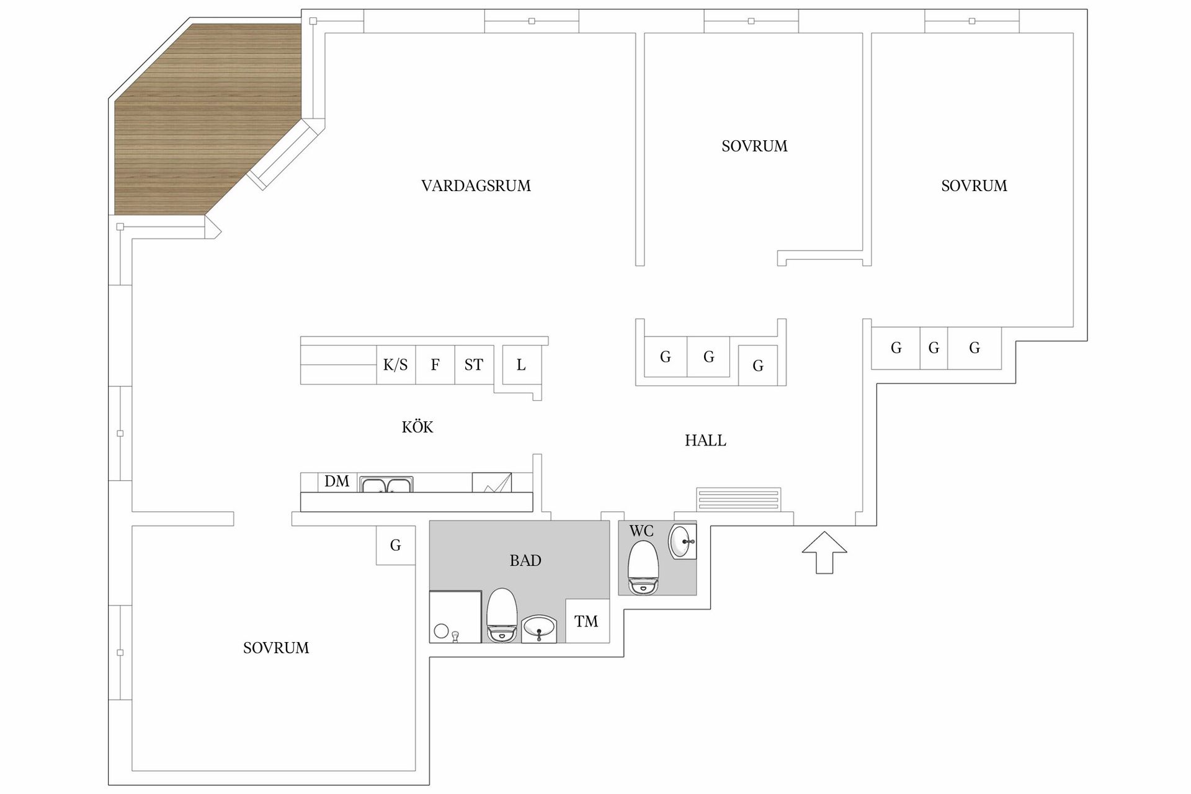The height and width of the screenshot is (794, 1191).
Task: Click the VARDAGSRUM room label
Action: click(476, 185)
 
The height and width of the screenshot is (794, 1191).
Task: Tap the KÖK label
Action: click(417, 427)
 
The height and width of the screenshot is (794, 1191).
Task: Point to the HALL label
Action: click(705, 440)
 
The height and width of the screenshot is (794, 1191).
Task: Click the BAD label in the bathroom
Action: click(525, 560)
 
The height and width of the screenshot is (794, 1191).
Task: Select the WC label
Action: click(641, 531)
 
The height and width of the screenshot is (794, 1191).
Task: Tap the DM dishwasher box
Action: click(337, 481)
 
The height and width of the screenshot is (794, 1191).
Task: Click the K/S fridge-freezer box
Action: click(396, 365)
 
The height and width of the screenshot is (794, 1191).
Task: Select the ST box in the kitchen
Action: click(474, 365)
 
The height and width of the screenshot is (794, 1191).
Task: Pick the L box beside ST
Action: click(521, 365)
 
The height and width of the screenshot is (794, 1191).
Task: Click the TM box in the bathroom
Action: click(586, 621)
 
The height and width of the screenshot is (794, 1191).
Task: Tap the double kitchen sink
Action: click(386, 484)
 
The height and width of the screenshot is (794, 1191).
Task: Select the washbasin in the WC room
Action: click(682, 542)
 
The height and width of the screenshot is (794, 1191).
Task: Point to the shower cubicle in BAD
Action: click(455, 617)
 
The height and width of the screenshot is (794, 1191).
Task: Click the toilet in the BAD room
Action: click(502, 614)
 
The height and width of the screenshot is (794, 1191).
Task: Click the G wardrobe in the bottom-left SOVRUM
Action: click(395, 545)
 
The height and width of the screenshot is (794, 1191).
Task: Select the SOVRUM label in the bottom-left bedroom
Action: click(276, 648)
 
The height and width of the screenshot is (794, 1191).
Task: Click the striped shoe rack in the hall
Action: click(738, 499)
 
